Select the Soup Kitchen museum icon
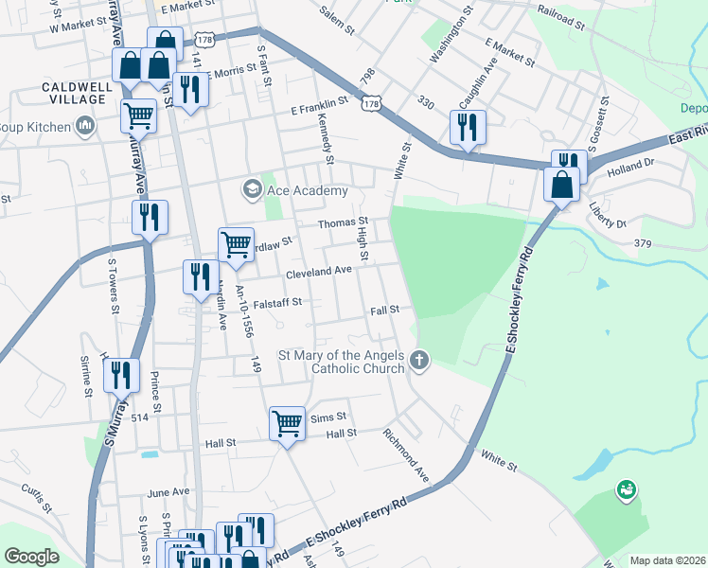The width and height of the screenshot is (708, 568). [85, 126]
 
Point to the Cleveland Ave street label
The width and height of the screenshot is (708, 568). [321, 271]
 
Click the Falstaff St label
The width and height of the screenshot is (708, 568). [270, 303]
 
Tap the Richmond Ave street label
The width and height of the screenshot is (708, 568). [406, 454]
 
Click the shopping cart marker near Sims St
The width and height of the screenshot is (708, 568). [287, 423]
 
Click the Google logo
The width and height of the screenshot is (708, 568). [31, 557]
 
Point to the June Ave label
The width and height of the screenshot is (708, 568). [168, 492]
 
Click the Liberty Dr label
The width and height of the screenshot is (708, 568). [608, 216]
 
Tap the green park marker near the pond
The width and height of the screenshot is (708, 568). [625, 489]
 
